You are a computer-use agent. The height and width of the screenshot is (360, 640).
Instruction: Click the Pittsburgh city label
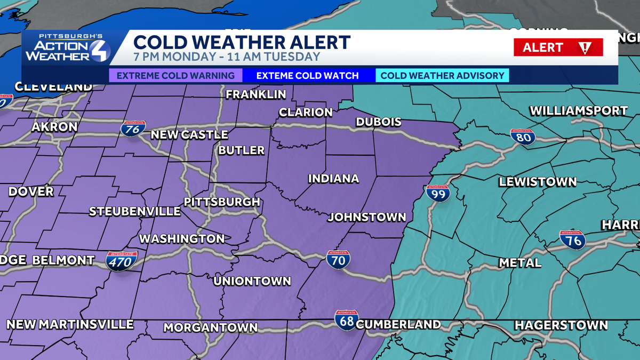pos(222,202)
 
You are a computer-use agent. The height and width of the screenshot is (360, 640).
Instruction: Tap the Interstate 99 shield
pos(438,193)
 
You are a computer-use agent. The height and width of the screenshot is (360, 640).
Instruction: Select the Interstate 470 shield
pos(122,261)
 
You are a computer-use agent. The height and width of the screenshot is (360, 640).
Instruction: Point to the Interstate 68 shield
pos(347,320)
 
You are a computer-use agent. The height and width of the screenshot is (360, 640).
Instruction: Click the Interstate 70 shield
pos(339,260)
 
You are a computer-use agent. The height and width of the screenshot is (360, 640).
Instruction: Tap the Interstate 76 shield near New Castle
pos(133,129)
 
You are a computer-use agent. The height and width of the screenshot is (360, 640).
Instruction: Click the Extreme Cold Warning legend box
pos(175,75)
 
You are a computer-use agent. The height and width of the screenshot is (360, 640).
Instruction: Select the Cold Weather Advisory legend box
pos(442,75)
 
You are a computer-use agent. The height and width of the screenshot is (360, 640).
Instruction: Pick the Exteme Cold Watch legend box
pos(308,75)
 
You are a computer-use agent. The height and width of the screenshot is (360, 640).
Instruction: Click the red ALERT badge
pos(558,47)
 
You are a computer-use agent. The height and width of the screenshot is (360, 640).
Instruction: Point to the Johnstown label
pos(366,217)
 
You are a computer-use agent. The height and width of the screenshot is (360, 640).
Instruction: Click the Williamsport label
pos(578,111)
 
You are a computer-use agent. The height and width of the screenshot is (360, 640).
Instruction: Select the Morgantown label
pos(210,327)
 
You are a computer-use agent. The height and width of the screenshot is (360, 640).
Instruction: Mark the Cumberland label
pos(398,324)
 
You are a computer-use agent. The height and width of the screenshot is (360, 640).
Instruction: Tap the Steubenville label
pos(135,211)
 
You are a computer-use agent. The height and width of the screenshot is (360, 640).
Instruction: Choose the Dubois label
pos(378,122)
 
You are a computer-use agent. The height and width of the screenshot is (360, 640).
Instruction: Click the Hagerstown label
pos(561,325)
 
